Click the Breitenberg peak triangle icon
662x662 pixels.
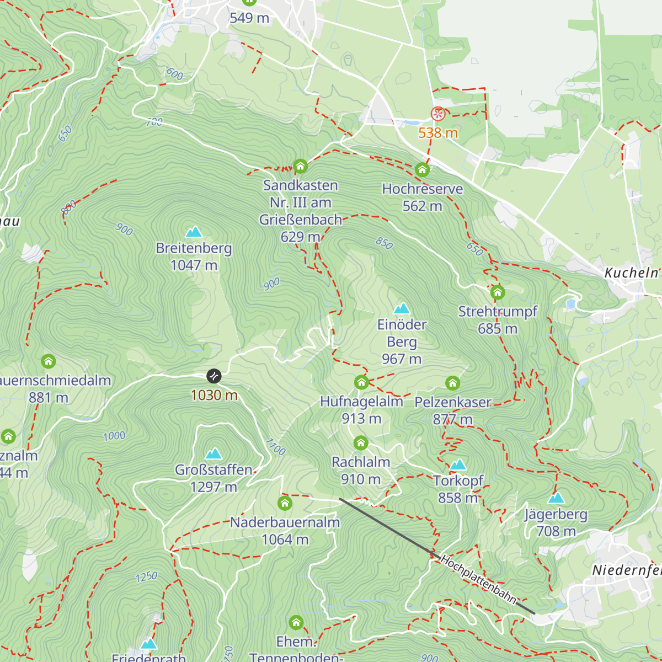194,232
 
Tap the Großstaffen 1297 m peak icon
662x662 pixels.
213,453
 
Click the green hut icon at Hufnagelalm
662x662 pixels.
361,382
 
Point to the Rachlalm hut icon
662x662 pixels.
361,442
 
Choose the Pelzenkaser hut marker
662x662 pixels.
452,383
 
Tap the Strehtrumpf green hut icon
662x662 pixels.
498,292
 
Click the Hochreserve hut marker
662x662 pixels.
422,169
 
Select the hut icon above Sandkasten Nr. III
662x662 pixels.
300,165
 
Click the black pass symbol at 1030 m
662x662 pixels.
214,376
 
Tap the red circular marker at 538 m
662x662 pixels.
437,114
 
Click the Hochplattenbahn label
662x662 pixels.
479,579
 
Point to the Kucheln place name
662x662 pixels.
631,273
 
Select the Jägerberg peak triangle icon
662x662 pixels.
556,498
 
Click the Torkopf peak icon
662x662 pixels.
458,465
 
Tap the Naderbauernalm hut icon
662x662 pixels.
285,503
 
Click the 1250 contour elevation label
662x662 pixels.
147,577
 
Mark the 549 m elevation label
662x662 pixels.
249,18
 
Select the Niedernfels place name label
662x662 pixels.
627,570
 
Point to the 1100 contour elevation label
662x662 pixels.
275,447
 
